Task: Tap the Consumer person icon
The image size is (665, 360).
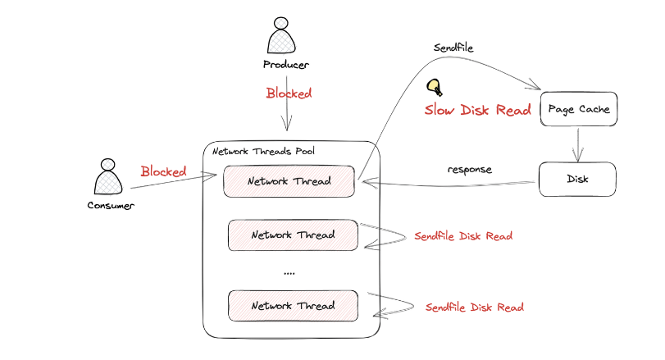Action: pyautogui.click(x=109, y=176)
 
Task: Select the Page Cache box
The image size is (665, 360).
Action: pyautogui.click(x=578, y=108)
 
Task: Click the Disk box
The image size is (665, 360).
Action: pyautogui.click(x=576, y=178)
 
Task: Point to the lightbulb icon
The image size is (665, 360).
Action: pyautogui.click(x=434, y=87)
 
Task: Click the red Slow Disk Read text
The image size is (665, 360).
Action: pyautogui.click(x=477, y=110)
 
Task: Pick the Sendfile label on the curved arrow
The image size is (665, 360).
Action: pyautogui.click(x=453, y=48)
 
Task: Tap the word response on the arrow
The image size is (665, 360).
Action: pyautogui.click(x=470, y=170)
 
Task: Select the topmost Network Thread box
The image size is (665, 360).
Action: pyautogui.click(x=289, y=181)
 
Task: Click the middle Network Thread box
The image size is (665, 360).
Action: pyautogui.click(x=293, y=235)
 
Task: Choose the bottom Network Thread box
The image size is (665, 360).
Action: pyautogui.click(x=293, y=306)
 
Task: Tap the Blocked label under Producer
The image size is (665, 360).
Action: pyautogui.click(x=289, y=93)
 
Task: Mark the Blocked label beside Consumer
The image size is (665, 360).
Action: pyautogui.click(x=164, y=171)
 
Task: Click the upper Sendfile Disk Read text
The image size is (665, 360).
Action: pyautogui.click(x=463, y=236)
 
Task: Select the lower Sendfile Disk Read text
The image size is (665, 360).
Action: pyautogui.click(x=474, y=308)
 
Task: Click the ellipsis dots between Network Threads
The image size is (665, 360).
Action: pyautogui.click(x=289, y=272)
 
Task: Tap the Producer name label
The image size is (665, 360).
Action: pyautogui.click(x=286, y=65)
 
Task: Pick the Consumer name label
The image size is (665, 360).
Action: pyautogui.click(x=110, y=205)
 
